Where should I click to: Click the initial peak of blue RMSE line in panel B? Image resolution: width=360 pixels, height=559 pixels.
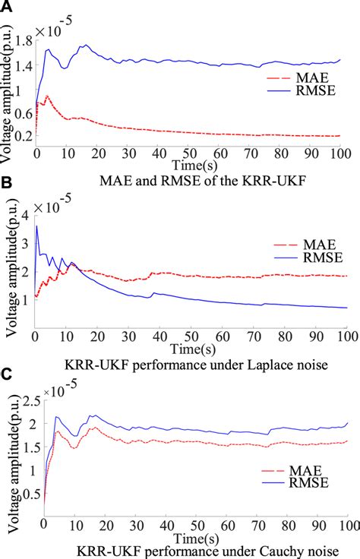pyautogui.click(x=36, y=226)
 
